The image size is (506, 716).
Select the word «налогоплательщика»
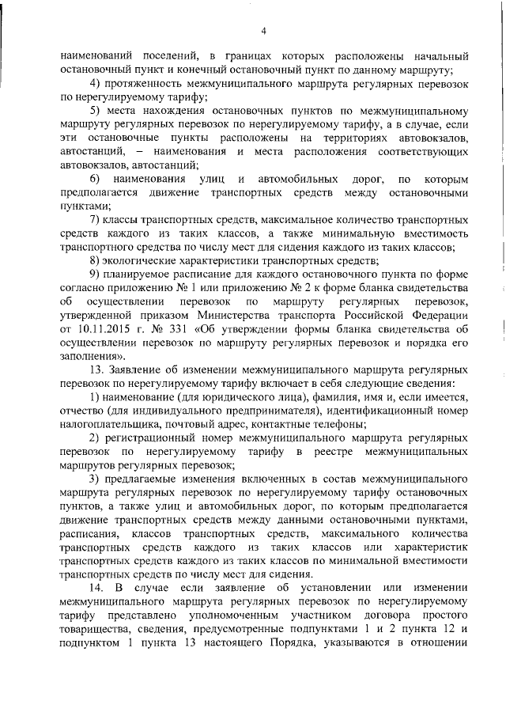click(107, 426)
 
